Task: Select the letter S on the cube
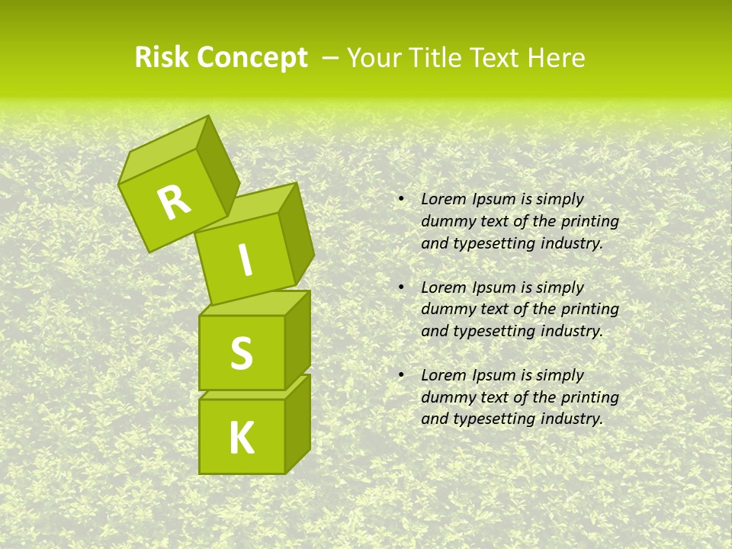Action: (241, 354)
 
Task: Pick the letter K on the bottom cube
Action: (241, 438)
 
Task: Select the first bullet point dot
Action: (401, 200)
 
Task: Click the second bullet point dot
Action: (401, 287)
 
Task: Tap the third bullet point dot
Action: (401, 375)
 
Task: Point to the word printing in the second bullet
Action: (589, 309)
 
